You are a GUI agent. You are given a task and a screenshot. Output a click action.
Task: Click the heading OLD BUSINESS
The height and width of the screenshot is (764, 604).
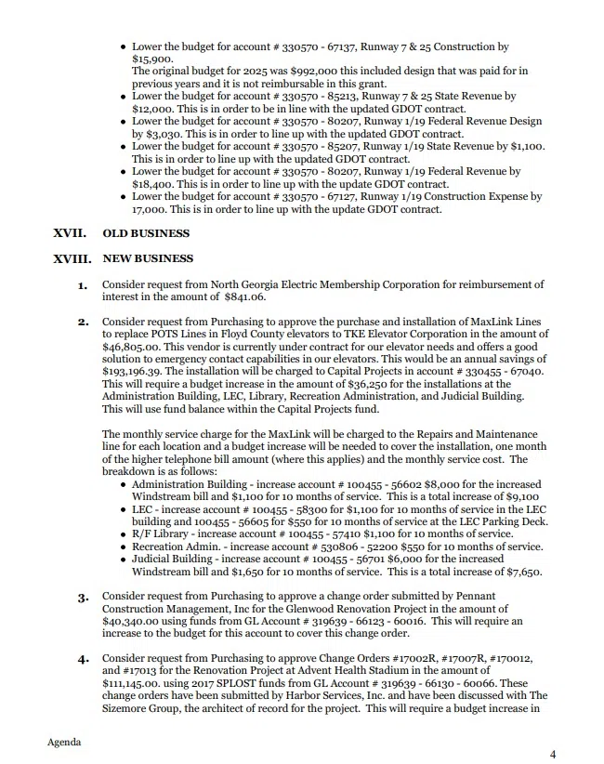[x=146, y=233]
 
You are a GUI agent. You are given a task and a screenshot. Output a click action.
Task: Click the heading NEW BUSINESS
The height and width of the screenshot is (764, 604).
[x=149, y=258]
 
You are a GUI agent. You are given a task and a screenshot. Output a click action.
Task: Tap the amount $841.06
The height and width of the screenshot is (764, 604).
[x=244, y=297]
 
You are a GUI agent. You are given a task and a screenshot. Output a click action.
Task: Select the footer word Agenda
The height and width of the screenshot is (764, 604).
[x=64, y=742]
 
